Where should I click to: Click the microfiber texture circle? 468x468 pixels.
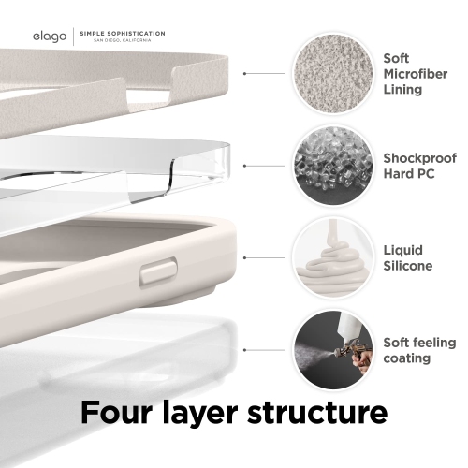pos(329,72)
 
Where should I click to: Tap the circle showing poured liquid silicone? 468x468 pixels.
pos(329,256)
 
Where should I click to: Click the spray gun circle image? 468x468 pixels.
pos(329,348)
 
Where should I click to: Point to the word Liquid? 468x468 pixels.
pos(402,250)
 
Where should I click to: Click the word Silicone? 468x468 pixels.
pos(408,266)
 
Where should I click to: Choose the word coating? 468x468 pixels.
pos(407,358)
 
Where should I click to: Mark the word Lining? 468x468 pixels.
pos(402,90)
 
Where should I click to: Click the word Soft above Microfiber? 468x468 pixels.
pos(396,58)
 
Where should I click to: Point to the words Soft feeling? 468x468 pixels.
pos(419,342)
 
